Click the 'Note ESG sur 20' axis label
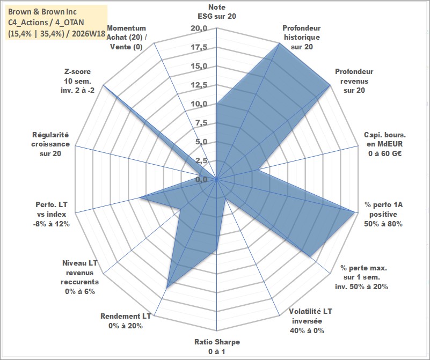pos(217,11)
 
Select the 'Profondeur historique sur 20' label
pos(302,37)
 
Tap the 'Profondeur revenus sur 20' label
pos(354,81)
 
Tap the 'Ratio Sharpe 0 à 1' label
pos(217,346)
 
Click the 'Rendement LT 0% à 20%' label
pos(126,321)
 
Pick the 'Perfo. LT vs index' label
pos(52,214)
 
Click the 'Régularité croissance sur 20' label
pos(50,144)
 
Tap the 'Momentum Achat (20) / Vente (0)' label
pos(127,37)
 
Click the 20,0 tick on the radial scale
pos(199,28)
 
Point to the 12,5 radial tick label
pos(199,85)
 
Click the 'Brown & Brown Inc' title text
pos(42,12)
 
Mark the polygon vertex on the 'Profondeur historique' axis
pos(280,43)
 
